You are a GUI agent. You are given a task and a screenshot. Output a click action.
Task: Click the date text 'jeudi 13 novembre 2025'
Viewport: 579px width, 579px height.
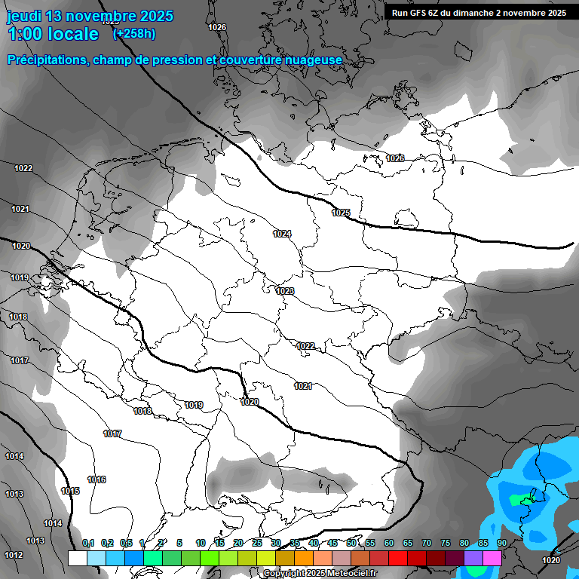(90, 16)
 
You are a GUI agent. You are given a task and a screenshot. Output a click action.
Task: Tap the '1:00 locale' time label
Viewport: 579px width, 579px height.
(54, 34)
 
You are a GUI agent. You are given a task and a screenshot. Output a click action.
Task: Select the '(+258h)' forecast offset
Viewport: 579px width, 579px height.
(134, 33)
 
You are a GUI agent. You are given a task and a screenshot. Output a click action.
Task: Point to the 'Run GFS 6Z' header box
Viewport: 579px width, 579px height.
(479, 13)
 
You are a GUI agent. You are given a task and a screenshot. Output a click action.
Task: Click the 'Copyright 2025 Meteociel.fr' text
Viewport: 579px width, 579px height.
(320, 573)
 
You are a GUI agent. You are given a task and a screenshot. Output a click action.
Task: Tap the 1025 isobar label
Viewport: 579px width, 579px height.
(341, 213)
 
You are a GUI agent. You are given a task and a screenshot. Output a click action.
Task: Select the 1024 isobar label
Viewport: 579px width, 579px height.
(282, 234)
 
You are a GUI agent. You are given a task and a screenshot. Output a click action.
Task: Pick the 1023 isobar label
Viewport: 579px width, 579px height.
(285, 291)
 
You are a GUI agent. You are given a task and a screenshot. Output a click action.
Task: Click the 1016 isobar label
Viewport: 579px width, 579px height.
(96, 479)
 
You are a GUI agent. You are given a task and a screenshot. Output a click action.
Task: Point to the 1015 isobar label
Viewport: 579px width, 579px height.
(70, 491)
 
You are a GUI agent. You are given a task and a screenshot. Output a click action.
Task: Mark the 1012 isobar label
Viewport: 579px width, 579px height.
(14, 555)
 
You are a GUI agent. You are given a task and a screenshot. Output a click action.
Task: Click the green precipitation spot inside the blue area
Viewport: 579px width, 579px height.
(519, 499)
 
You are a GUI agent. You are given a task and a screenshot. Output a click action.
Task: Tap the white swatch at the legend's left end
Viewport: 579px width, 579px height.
(77, 558)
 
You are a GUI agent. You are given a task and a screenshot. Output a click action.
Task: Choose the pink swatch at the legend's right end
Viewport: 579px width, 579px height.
(492, 558)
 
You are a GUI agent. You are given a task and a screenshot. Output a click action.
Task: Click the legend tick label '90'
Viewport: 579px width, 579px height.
(501, 543)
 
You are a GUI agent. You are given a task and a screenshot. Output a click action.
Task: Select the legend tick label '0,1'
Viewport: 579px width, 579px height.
(88, 543)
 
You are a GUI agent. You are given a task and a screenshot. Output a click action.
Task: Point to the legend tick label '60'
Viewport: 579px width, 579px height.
(389, 543)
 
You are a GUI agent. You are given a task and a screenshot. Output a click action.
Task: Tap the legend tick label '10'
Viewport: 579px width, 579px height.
(201, 543)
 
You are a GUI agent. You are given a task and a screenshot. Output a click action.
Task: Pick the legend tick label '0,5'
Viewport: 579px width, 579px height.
(126, 543)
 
